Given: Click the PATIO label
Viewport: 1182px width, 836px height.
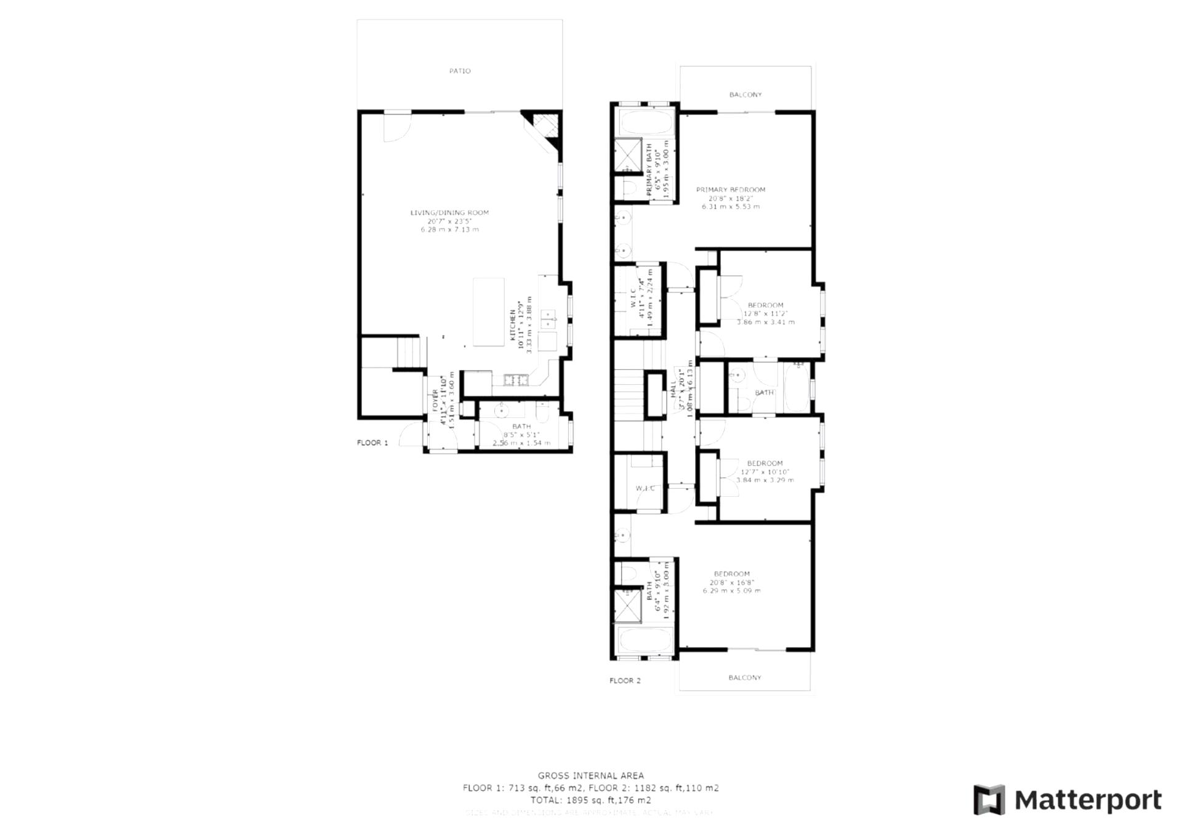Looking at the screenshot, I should (x=459, y=71).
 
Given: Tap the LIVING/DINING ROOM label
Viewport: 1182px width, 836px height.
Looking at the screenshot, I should (x=449, y=213).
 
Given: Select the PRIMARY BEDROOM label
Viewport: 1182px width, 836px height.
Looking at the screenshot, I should (x=730, y=190).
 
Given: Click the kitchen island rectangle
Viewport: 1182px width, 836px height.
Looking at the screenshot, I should (x=488, y=311).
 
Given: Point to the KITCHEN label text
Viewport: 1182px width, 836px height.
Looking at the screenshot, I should (x=513, y=324).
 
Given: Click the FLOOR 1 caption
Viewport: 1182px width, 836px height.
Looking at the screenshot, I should (x=372, y=443).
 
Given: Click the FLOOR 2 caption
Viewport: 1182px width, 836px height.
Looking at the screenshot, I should (x=625, y=680).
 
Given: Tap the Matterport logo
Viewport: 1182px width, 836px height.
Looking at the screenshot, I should (x=1067, y=800).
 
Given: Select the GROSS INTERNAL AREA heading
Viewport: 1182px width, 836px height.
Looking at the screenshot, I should (x=590, y=776).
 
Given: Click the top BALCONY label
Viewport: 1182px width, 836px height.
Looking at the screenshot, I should (x=745, y=95).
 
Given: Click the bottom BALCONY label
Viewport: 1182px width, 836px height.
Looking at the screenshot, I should (x=744, y=677).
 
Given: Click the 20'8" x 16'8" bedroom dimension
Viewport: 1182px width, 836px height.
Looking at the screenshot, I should (x=731, y=582).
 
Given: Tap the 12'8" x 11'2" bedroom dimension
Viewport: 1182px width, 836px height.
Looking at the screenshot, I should (x=765, y=313).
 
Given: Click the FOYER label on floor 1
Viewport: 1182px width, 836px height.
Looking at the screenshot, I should (x=435, y=400).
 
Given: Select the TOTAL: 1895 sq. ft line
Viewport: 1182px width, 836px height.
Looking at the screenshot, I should (x=590, y=800).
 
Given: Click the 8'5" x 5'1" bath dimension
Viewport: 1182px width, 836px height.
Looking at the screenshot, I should (x=521, y=435).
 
